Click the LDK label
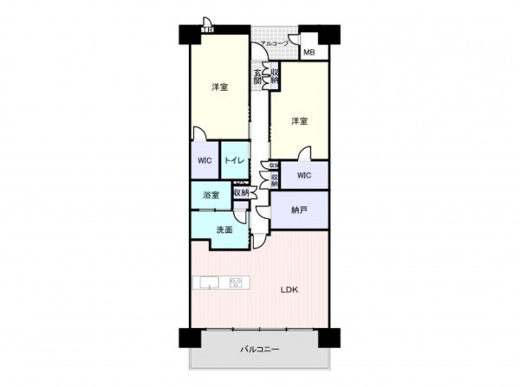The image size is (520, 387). point(289,290)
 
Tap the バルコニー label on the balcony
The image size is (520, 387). point(258,350)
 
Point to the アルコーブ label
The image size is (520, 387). point(275,42)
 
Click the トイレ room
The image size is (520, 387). point(235,161)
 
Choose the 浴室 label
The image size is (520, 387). point(211,195)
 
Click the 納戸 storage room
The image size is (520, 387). point(298,210)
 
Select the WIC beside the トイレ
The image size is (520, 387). point(204,161)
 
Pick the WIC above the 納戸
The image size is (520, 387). point(302,176)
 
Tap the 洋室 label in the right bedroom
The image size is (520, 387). point(299,120)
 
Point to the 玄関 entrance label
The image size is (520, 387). point(257,75)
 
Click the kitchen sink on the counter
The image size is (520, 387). point(209,282)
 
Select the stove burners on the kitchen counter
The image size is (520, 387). point(235,282)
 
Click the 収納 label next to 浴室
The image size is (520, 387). point(241,193)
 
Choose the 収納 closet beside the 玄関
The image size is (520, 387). point(274,75)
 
